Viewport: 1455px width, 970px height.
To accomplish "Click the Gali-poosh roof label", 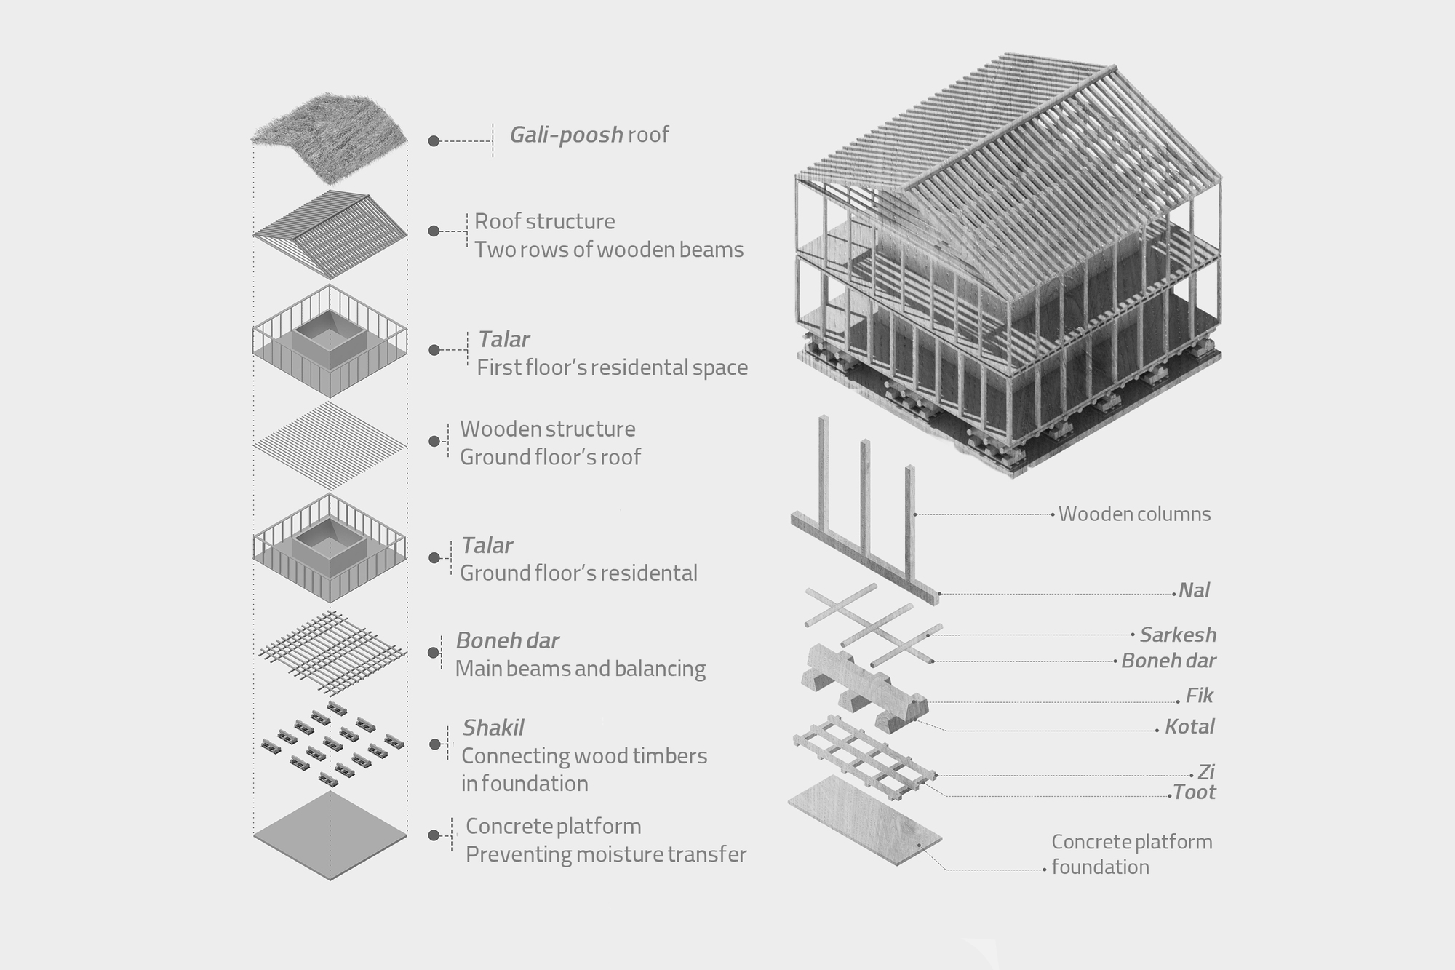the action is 589,135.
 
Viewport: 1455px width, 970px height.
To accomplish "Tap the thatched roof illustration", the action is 329,138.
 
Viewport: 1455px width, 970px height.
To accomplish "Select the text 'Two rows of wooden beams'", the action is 609,250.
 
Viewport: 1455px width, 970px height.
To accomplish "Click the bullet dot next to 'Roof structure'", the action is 434,231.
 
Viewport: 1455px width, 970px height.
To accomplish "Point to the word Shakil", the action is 493,728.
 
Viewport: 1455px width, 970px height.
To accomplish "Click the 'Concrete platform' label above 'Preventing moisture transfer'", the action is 554,827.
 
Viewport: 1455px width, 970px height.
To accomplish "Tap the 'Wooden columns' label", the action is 1134,514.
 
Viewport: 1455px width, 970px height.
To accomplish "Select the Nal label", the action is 1194,590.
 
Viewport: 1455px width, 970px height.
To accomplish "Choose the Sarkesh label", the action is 1178,635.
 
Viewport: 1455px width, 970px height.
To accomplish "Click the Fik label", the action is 1199,696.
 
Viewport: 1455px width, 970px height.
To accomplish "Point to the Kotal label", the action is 1189,726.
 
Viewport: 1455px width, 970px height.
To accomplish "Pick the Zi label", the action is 1205,772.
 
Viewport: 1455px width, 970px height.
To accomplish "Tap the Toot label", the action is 1195,792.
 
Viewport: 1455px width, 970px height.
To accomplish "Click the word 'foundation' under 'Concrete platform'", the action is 1100,867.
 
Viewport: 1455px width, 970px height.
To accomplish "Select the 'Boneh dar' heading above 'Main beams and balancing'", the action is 508,641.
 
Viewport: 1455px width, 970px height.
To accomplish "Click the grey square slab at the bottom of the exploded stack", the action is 330,835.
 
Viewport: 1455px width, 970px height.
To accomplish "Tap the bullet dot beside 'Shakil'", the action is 435,744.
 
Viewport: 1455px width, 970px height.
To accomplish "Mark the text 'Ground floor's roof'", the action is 551,457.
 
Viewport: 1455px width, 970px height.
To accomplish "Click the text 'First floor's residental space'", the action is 613,367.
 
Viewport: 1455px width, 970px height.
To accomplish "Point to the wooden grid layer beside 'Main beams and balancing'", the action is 331,652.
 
